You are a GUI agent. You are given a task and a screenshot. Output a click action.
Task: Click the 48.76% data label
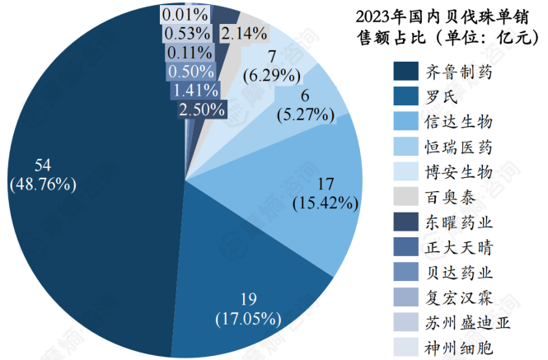pyautogui.click(x=43, y=183)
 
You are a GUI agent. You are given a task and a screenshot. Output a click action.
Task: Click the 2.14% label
pyautogui.click(x=244, y=34)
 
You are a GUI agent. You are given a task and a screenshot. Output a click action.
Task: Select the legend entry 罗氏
pyautogui.click(x=440, y=96)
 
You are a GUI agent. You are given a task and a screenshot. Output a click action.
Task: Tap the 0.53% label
pyautogui.click(x=185, y=33)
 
